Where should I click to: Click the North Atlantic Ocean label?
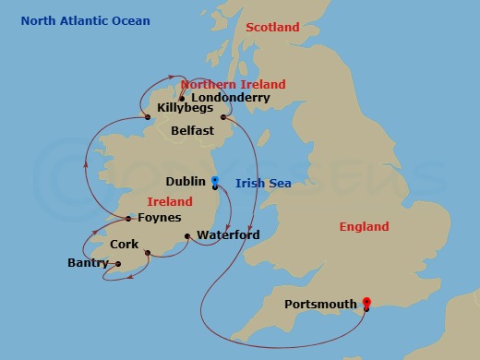pos(85,20)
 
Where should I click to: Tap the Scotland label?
pos(273,28)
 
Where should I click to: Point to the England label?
pos(364,226)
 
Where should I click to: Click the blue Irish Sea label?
pos(263,184)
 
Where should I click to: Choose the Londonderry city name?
pos(230,97)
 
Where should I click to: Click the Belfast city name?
pos(192,131)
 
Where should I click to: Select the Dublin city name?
pos(186,182)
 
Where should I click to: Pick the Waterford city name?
pos(227,235)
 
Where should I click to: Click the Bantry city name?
pos(88,263)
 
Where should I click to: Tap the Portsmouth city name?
pos(323,304)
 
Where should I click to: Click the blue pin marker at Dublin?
pos(214,181)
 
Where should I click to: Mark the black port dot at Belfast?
pos(223,117)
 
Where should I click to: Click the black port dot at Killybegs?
pos(147,117)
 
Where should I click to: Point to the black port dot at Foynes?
pos(128,219)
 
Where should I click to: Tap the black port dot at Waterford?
pos(187,236)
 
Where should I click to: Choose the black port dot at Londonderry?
pos(182,98)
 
